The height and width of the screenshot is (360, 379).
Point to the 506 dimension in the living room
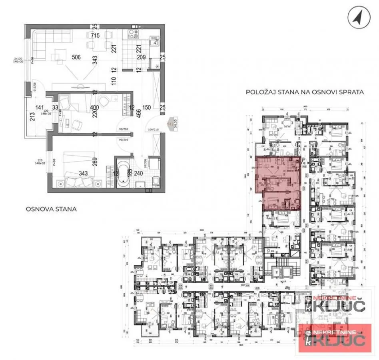76,57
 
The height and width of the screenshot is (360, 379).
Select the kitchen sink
154,40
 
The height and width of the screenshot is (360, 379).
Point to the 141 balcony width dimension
39,107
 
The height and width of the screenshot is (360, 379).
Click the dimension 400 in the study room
94,107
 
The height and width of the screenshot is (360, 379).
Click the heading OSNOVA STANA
51,209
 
